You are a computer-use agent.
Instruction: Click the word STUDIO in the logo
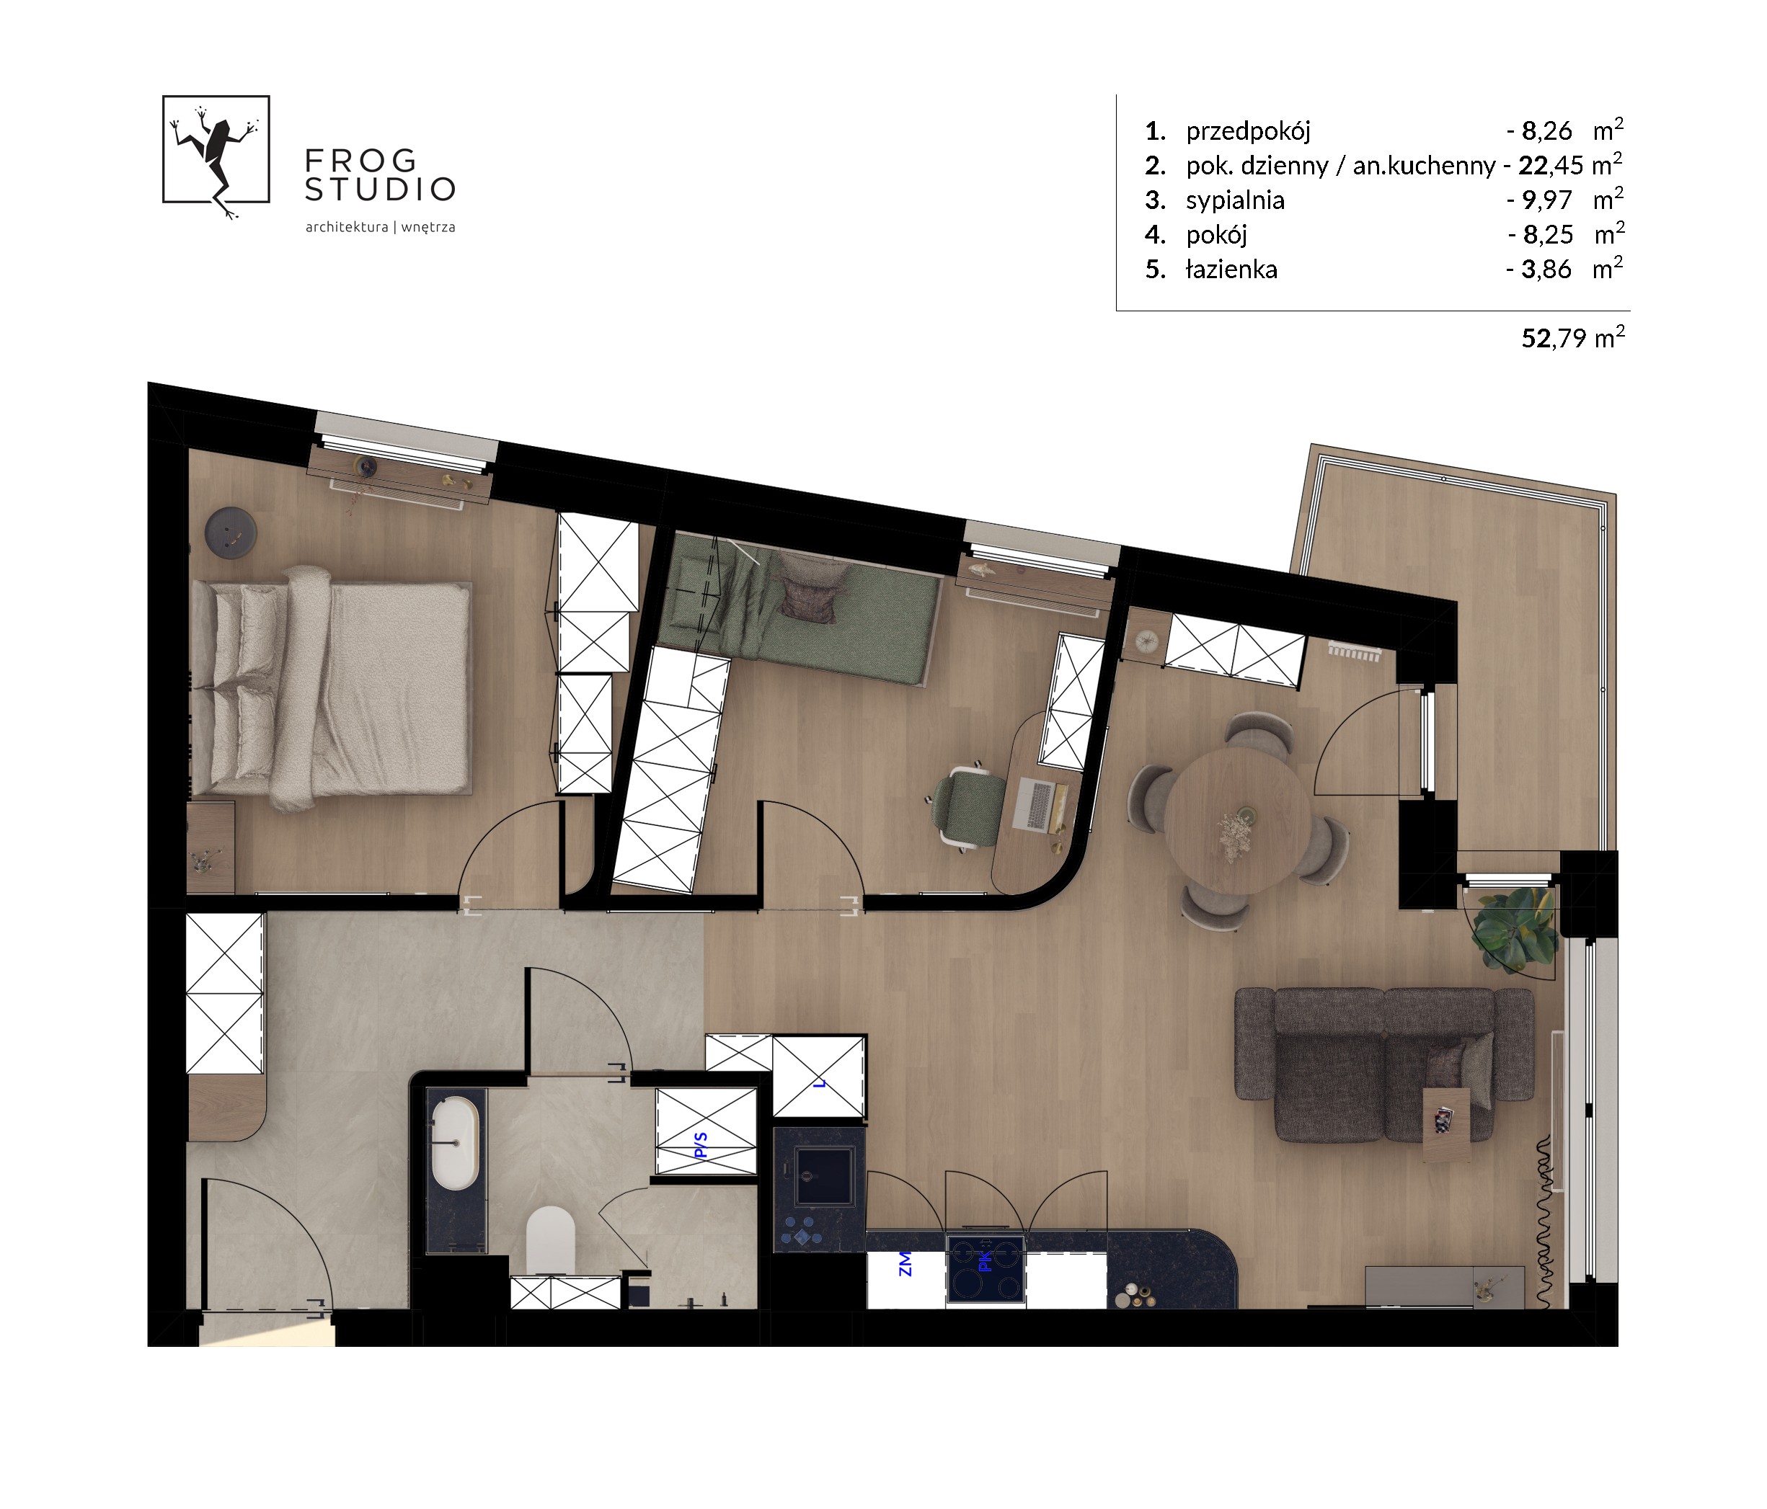pos(381,190)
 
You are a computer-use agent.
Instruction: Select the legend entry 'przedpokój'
pos(1248,131)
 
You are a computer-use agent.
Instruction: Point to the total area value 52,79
pos(1554,339)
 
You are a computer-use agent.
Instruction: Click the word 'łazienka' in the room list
pos(1231,270)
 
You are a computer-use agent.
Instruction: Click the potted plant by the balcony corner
pos(1515,930)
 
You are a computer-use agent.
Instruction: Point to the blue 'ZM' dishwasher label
pos(905,1263)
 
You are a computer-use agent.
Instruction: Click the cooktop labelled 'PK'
pos(985,1268)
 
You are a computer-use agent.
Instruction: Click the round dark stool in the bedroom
pos(230,533)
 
